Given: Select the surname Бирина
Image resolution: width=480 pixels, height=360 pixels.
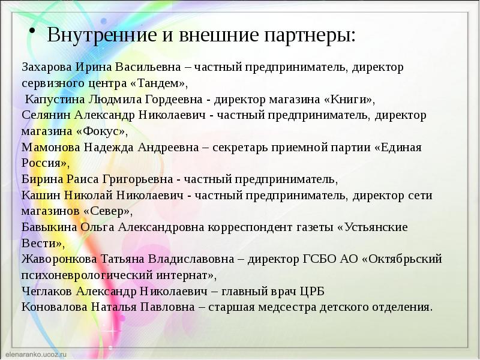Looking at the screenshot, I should coord(40,179).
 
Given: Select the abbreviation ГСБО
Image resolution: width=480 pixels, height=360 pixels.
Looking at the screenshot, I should coord(316,259).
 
